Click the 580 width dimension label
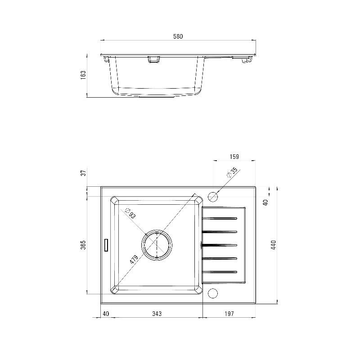pos(178,36)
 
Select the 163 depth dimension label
pos(83,75)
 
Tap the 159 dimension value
pos(234,157)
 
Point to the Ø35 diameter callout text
pos(232,172)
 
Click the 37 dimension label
pos(84,173)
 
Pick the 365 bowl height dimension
pos(83,245)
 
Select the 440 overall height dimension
pos(273,245)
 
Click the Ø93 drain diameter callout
pos(130,213)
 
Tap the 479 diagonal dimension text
pos(134,260)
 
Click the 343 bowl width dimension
pos(157,314)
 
